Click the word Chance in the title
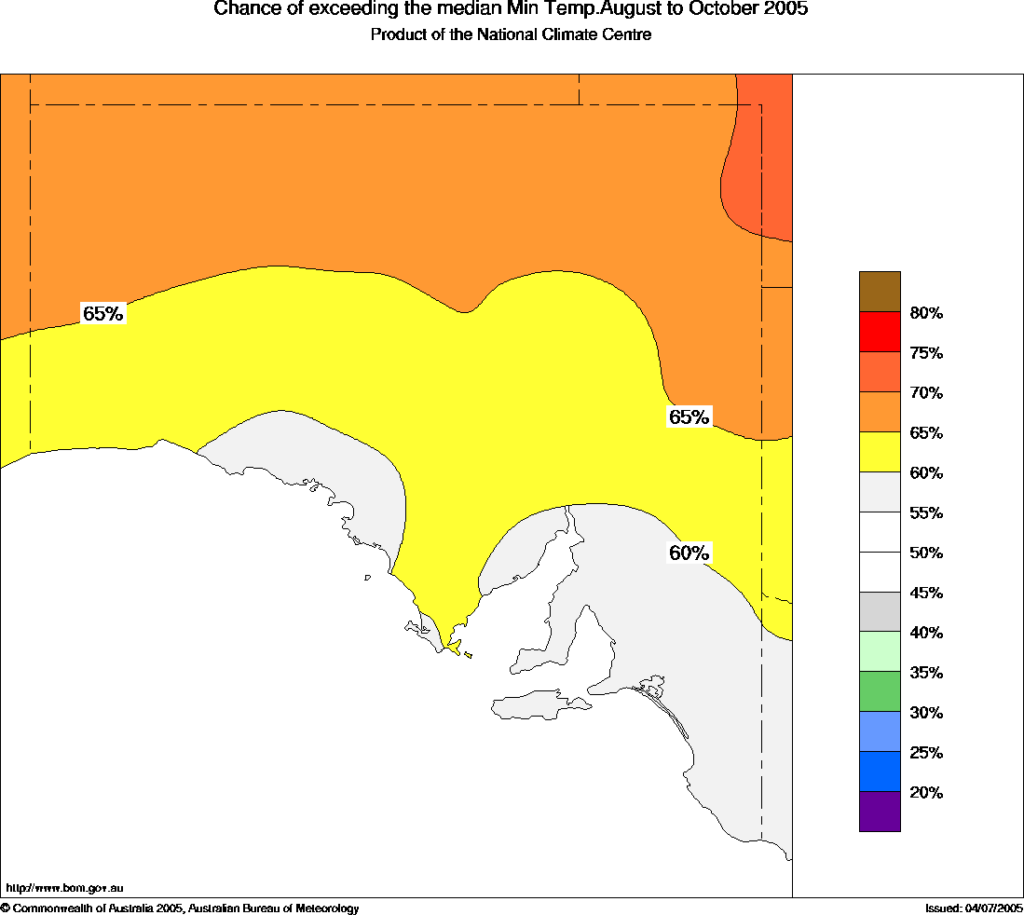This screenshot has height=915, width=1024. (x=243, y=9)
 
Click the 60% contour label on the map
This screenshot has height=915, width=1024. (x=689, y=553)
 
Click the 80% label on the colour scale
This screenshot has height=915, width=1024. (x=926, y=313)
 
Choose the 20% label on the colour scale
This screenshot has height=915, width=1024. (x=926, y=793)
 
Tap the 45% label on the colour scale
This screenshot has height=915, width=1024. (x=926, y=593)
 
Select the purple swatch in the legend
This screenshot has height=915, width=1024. (x=880, y=811)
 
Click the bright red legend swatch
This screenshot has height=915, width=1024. (x=880, y=332)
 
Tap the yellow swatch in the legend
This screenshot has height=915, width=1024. (x=880, y=452)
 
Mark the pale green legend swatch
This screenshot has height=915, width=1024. (x=880, y=651)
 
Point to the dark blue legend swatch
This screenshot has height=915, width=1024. (x=880, y=771)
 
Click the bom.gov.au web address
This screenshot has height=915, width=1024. (x=64, y=888)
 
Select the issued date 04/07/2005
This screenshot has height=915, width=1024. (x=993, y=908)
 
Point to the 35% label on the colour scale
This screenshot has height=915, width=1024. (x=926, y=673)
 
